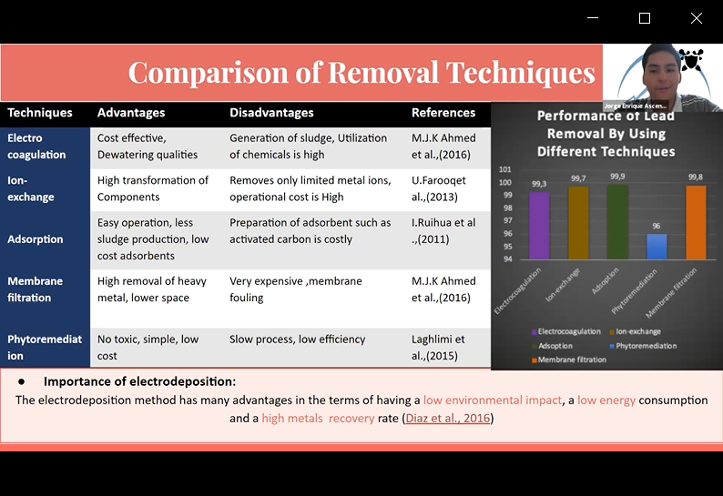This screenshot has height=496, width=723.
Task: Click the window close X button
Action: [x=697, y=18]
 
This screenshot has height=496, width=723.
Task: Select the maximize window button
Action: [x=645, y=18]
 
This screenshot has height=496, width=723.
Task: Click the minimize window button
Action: [x=593, y=18]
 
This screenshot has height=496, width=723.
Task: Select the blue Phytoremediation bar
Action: [x=657, y=247]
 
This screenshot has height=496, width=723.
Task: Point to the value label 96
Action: [x=657, y=227]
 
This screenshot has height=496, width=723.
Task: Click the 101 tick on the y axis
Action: [x=505, y=169]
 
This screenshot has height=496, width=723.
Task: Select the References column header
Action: [x=443, y=113]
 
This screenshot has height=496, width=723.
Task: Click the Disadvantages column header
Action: [x=271, y=113]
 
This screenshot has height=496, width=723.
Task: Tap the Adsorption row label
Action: [x=36, y=239]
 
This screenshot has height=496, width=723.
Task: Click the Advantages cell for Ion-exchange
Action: [x=153, y=188]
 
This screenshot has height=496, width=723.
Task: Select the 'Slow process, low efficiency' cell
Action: [x=297, y=339]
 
